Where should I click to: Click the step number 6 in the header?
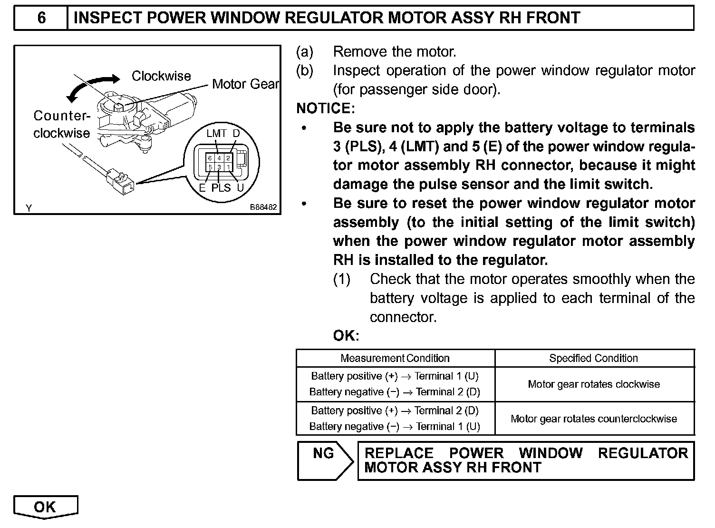41,18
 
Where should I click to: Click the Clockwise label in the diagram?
161,76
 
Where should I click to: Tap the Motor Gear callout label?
245,84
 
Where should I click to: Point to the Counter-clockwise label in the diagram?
61,124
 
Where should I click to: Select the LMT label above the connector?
216,134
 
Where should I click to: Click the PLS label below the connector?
221,188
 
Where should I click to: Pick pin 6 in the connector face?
210,158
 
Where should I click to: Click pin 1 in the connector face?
228,167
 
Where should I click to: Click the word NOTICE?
325,108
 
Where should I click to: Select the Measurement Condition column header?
395,358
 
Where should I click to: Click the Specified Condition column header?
593,358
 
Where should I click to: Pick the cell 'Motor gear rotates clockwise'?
594,384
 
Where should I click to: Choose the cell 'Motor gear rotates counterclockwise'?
594,419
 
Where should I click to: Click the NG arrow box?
325,460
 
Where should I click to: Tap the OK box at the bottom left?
45,507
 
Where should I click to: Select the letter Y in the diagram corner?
29,208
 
